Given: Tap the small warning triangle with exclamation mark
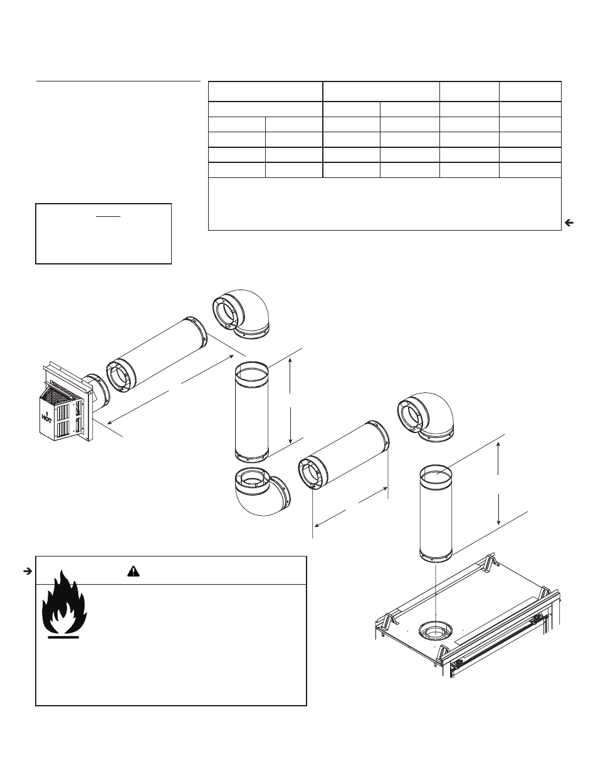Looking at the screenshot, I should tap(133, 571).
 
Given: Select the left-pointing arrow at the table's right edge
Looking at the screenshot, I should tap(569, 222).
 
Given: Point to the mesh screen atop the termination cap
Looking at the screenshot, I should tap(63, 391).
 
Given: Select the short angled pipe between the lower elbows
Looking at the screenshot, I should tap(345, 456).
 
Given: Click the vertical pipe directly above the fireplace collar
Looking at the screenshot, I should tap(435, 513).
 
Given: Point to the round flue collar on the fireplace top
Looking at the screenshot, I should tap(435, 632).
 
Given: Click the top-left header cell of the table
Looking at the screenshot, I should tap(265, 91).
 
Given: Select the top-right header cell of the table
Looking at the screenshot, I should tap(530, 91).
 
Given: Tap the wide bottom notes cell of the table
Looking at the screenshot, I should tap(384, 204).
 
